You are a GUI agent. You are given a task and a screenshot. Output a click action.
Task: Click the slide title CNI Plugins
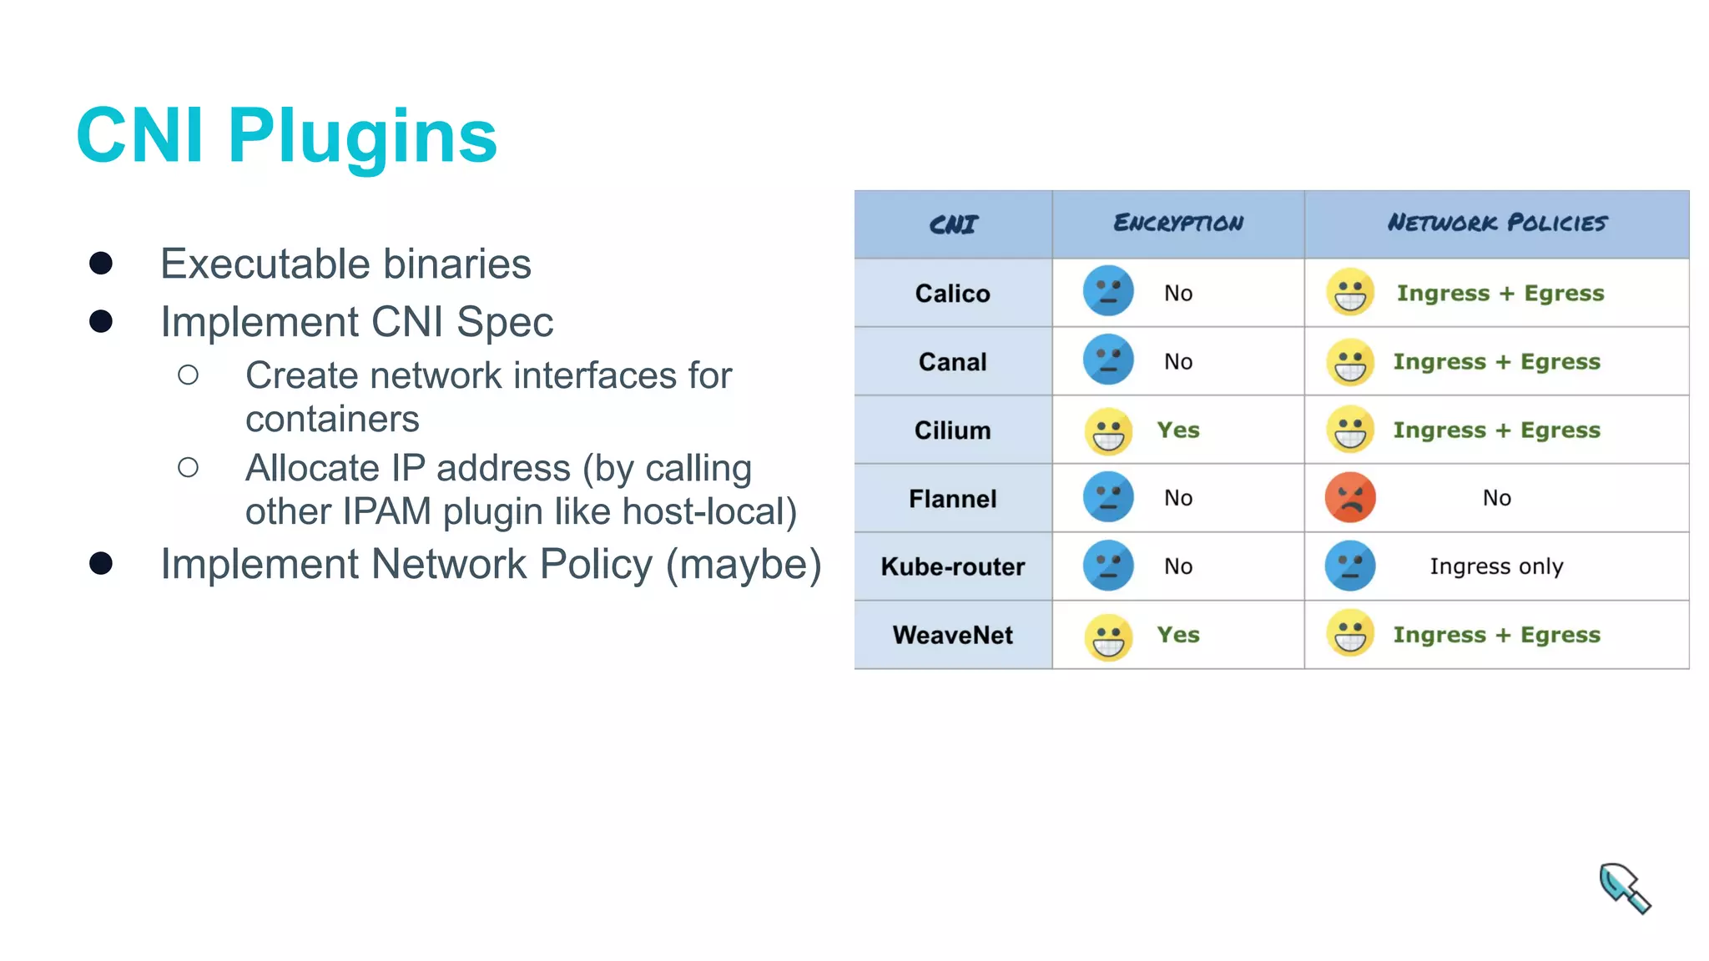click(286, 136)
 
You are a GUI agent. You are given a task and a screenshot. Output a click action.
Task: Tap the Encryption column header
click(1177, 224)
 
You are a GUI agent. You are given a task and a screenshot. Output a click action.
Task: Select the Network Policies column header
click(1496, 224)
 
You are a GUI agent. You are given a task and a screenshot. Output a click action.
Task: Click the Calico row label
click(952, 294)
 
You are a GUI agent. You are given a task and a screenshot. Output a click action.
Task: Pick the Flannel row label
click(952, 499)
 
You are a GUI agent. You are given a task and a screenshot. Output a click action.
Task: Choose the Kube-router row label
click(952, 567)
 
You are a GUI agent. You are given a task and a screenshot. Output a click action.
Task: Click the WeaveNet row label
click(952, 636)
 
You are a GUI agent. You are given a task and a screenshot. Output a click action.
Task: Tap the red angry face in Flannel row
click(1349, 498)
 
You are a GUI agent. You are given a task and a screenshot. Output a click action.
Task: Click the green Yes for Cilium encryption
click(1177, 430)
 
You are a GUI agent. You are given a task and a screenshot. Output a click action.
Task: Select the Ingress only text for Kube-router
click(1495, 567)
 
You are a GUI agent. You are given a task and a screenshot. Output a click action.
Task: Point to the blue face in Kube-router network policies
click(1349, 566)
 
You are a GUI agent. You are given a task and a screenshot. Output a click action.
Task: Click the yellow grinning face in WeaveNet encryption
click(1108, 637)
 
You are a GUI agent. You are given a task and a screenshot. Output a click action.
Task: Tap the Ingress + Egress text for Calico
click(1500, 294)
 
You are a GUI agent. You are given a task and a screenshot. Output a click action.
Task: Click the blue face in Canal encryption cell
click(1107, 361)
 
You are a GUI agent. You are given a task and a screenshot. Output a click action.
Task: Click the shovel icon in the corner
click(1624, 888)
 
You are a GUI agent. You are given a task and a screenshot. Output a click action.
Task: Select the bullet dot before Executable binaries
click(101, 264)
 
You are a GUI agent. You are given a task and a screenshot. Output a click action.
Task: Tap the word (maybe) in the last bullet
click(743, 564)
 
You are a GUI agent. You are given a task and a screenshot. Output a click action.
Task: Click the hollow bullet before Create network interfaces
click(189, 375)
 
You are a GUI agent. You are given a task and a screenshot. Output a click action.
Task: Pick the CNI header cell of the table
click(952, 224)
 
